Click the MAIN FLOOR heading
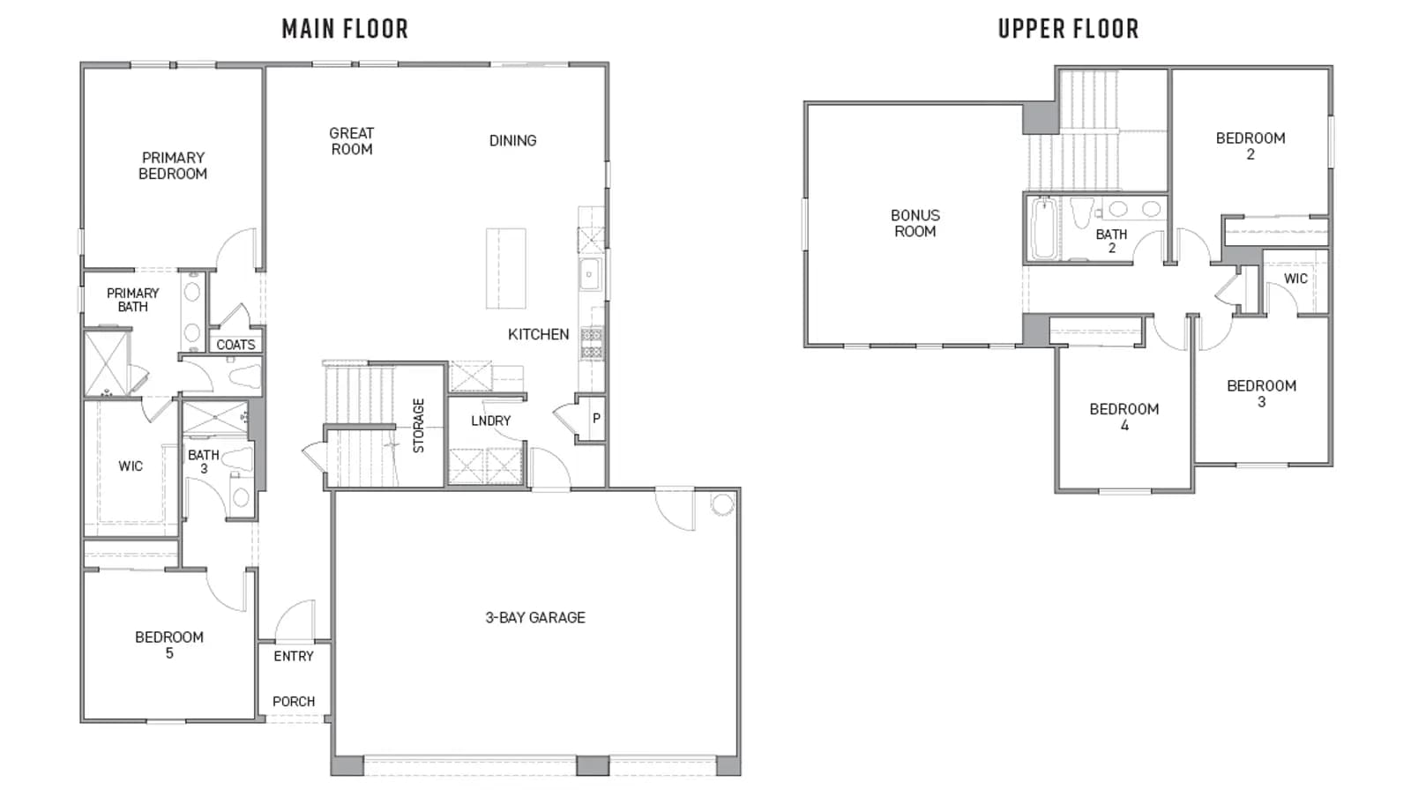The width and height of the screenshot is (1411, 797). click(345, 29)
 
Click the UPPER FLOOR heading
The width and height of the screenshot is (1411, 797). click(1068, 29)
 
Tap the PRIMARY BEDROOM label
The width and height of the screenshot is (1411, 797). click(173, 166)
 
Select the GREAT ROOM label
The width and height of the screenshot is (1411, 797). click(352, 141)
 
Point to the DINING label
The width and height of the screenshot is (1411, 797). click(512, 140)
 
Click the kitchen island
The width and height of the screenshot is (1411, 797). click(506, 269)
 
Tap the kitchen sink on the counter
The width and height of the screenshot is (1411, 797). click(590, 274)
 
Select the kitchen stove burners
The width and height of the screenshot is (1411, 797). click(592, 343)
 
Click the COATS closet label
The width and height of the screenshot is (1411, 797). click(235, 345)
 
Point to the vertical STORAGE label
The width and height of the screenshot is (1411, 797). click(419, 426)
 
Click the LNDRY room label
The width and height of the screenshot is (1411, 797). click(490, 421)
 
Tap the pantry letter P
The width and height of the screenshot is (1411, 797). click(596, 418)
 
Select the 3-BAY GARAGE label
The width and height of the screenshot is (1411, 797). click(535, 617)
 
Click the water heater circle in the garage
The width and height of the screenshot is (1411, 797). click(722, 503)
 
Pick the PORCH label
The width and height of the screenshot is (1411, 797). click(294, 701)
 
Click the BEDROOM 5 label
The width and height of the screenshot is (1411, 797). click(169, 645)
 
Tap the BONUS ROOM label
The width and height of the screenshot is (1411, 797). click(915, 223)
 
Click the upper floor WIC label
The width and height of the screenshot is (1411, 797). click(1295, 279)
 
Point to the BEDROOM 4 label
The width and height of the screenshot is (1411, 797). click(1124, 417)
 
